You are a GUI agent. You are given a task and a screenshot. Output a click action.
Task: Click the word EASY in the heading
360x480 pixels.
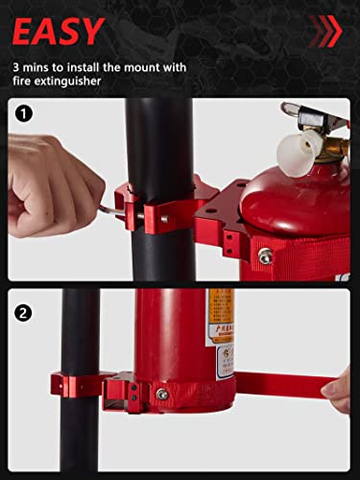[x=58, y=32]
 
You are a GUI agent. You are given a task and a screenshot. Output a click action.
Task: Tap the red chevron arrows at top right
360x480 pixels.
[x=324, y=31]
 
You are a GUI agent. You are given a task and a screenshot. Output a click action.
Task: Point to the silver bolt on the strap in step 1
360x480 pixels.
[x=264, y=255]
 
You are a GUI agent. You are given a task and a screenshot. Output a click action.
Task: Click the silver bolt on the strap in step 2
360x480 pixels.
[x=162, y=394]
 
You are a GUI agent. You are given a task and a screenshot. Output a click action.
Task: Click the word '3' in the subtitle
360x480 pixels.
[x=16, y=68]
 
